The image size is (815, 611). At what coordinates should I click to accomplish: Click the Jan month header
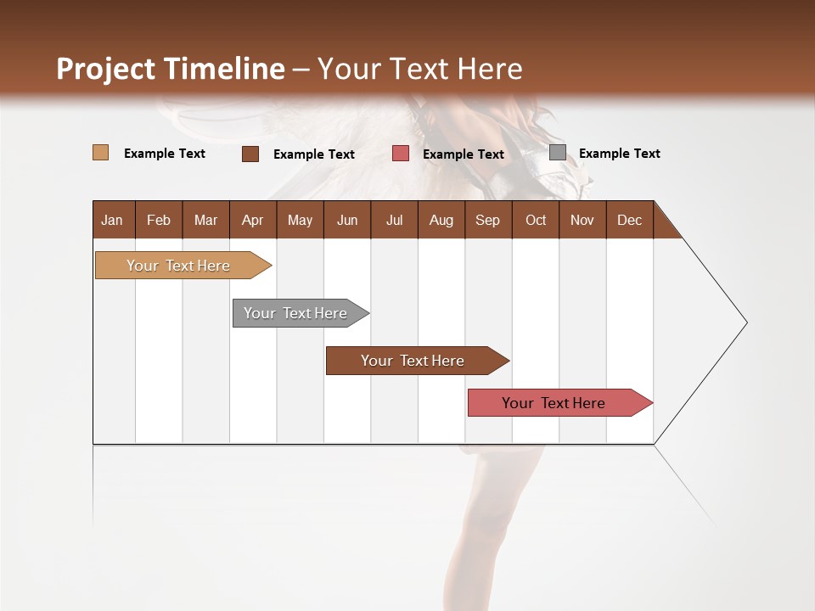(112, 220)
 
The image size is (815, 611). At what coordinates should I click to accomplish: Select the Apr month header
(253, 220)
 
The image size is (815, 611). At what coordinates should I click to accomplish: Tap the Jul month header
(394, 220)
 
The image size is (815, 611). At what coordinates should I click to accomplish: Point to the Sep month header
(487, 220)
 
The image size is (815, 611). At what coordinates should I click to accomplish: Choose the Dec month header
(629, 220)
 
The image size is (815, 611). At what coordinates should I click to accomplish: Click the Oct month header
(536, 220)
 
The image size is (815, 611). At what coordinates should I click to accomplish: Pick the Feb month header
(159, 220)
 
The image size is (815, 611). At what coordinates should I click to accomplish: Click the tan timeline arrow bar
(179, 266)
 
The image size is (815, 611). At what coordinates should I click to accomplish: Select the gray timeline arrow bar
(297, 313)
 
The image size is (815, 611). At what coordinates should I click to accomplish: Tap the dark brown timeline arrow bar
(413, 361)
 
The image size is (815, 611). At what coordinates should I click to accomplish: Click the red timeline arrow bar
(554, 403)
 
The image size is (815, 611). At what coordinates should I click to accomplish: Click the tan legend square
(100, 153)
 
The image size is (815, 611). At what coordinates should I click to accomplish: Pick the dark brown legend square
(250, 154)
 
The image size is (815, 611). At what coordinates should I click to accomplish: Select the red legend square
(400, 154)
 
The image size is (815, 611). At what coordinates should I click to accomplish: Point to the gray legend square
(557, 153)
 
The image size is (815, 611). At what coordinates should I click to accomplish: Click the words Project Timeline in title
(170, 69)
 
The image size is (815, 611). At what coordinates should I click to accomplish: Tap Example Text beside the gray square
(619, 154)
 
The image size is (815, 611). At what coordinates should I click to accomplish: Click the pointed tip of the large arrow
(745, 322)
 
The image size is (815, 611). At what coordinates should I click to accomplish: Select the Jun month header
(347, 220)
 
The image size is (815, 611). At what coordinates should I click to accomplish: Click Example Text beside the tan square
(164, 154)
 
